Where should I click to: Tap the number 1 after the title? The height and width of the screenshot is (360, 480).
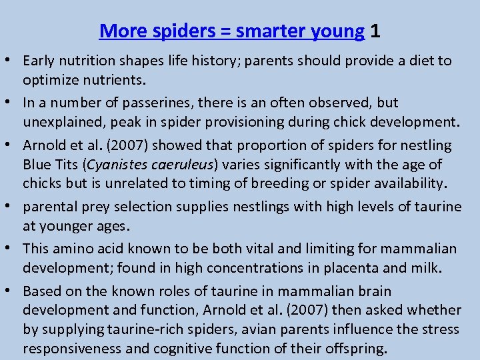click(375, 31)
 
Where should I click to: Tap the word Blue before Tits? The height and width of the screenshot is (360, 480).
click(37, 165)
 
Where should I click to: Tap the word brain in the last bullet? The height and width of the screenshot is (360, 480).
click(373, 291)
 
